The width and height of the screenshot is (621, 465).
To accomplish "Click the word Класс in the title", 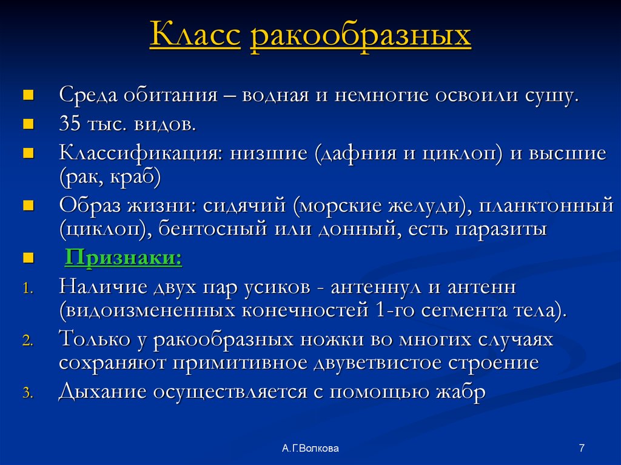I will point(195,36).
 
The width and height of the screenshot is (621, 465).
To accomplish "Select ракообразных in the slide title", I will point(360,36).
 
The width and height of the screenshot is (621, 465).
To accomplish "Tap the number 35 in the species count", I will point(70,124).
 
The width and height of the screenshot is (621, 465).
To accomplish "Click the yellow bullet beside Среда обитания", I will point(27,96).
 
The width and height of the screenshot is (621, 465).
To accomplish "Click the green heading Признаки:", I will point(123,258).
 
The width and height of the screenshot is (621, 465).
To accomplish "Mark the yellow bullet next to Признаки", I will point(27,259).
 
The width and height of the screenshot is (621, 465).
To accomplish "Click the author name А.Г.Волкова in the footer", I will point(310,448).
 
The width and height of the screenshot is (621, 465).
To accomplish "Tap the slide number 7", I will point(582,448).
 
